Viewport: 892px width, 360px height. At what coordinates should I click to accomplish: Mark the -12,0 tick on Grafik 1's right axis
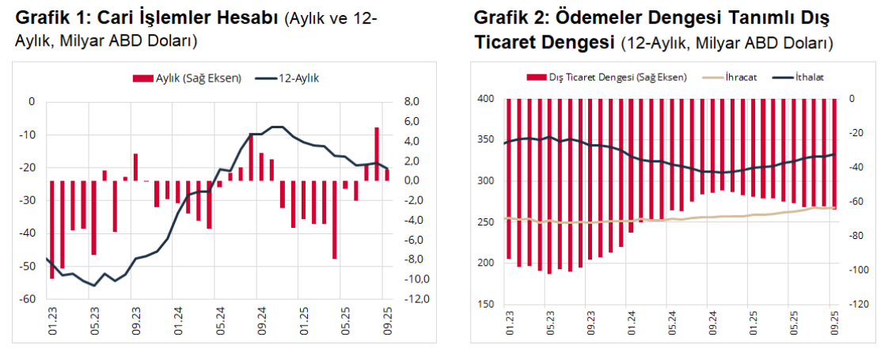pos(413,299)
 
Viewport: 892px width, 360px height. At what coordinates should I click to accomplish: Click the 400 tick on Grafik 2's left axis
pos(486,99)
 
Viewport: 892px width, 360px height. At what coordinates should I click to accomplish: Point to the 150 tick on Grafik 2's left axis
pos(486,305)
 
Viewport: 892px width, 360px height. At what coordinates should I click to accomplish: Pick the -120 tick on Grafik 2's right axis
pos(859,305)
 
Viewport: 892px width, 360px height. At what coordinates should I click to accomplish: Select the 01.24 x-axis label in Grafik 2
pos(631,324)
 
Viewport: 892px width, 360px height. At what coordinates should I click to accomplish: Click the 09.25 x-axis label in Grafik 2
pos(834,324)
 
